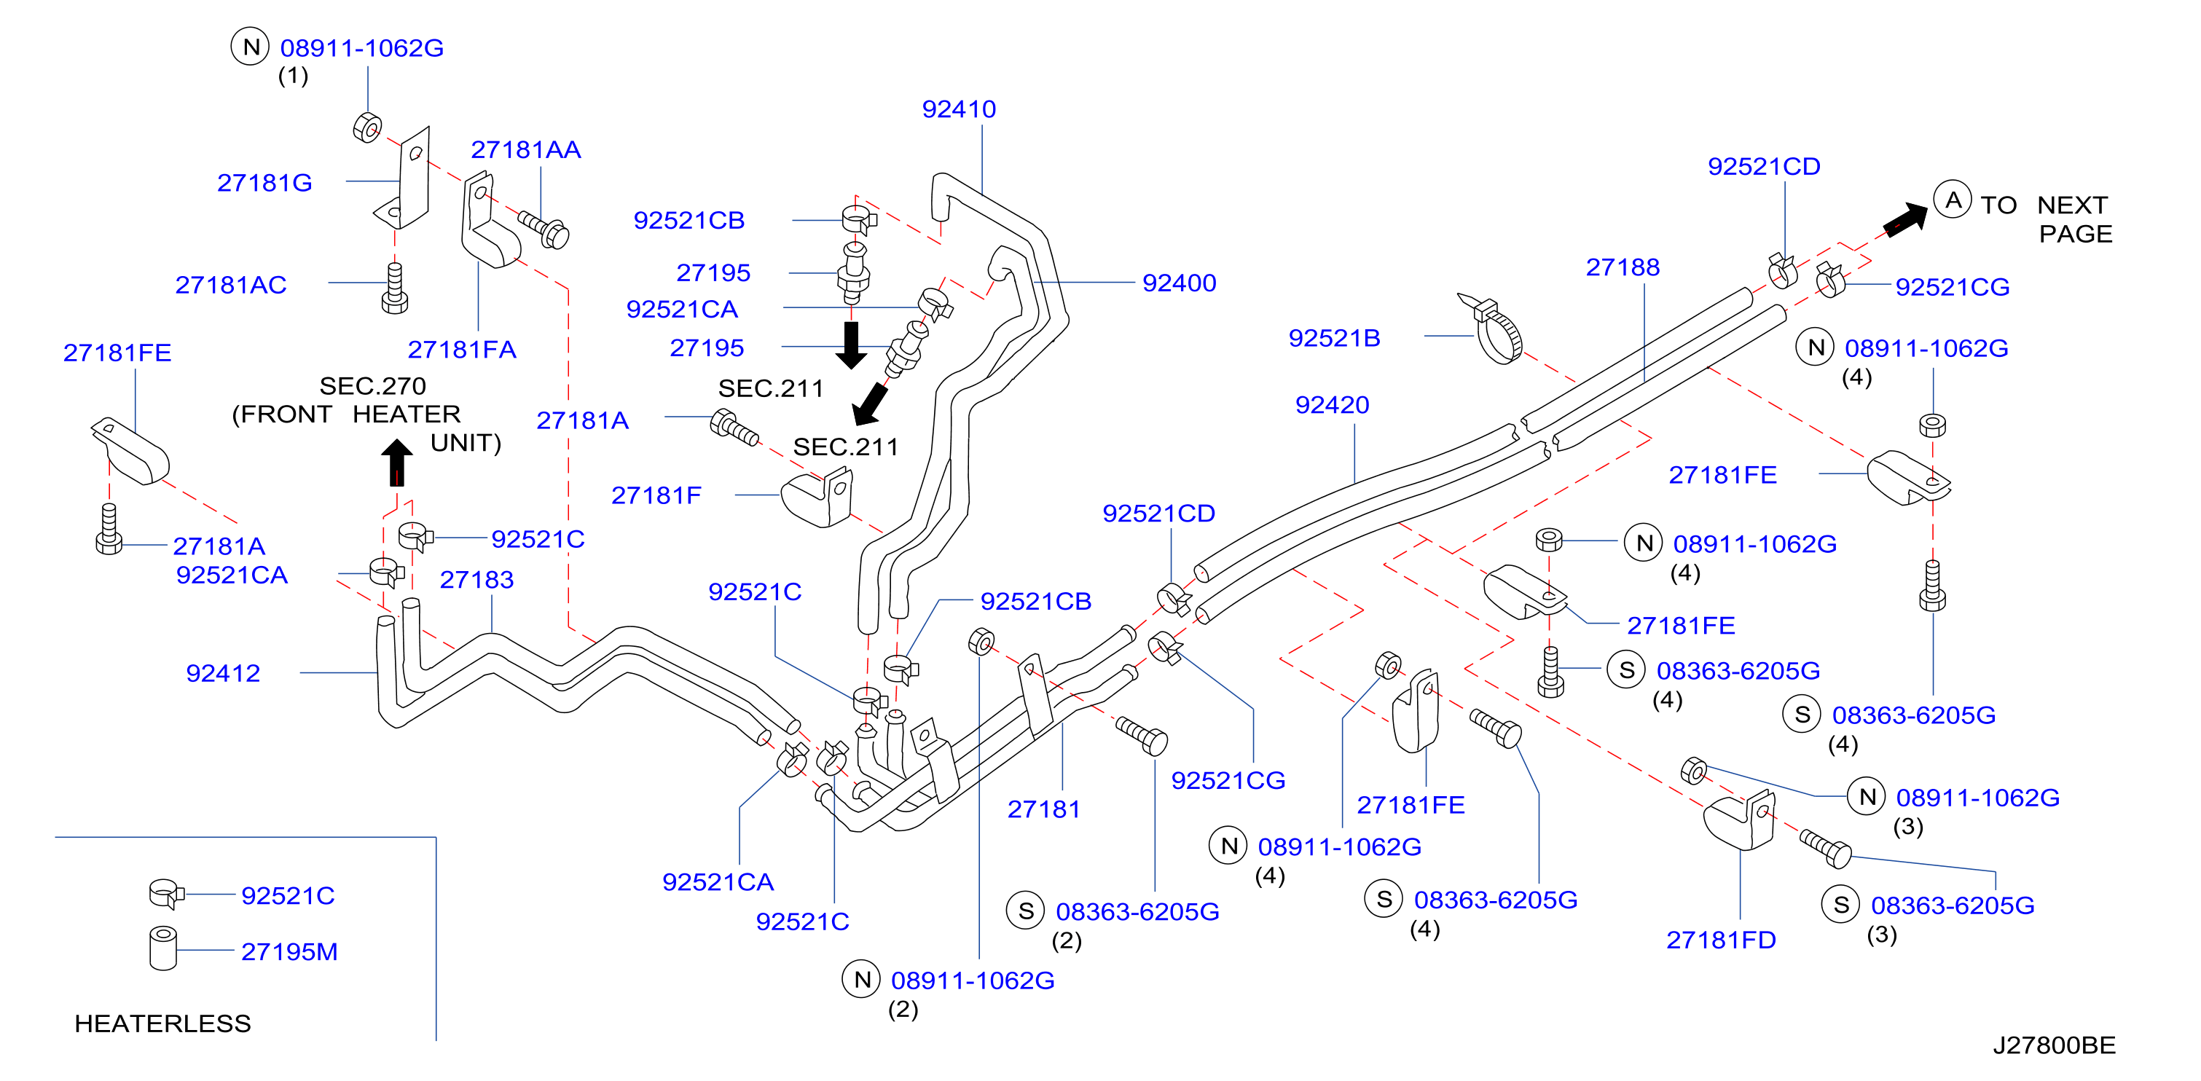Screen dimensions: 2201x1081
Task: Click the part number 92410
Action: point(959,109)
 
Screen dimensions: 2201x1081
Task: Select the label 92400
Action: point(1179,283)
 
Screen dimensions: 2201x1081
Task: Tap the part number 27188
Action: point(1623,267)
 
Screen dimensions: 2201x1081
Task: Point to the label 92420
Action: point(1332,405)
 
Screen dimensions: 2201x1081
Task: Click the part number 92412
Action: point(223,673)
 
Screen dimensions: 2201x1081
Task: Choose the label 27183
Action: point(476,581)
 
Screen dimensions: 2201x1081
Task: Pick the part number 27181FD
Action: point(1721,940)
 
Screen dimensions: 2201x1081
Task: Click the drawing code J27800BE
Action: point(2054,1045)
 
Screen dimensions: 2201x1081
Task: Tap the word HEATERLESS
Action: point(162,1023)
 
